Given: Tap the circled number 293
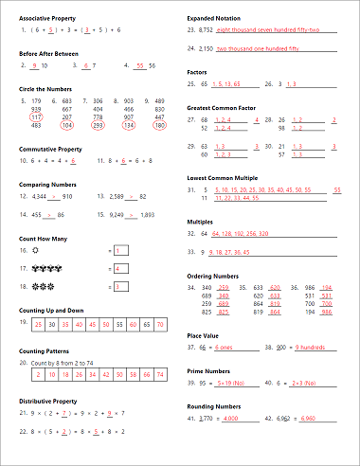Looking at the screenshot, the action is (x=98, y=125).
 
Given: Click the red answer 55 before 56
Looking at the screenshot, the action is (x=140, y=65).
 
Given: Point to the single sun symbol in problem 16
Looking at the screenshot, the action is (x=34, y=251).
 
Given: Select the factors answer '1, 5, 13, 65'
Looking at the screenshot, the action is (x=225, y=83).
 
